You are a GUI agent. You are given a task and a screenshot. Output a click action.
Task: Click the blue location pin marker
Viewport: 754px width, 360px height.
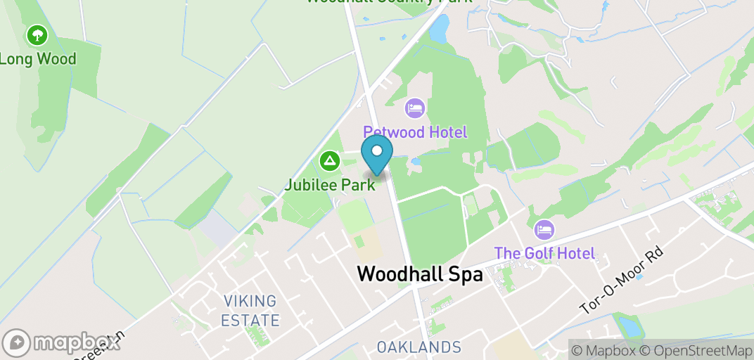(x=377, y=153)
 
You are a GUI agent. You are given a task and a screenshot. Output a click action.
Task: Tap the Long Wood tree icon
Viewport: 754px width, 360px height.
(x=37, y=34)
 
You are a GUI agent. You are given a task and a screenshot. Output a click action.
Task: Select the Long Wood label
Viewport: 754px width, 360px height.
(x=37, y=59)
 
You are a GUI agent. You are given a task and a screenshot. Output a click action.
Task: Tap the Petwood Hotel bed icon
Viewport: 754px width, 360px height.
(x=415, y=108)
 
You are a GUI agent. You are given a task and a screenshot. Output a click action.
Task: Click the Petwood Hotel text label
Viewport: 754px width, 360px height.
(x=415, y=132)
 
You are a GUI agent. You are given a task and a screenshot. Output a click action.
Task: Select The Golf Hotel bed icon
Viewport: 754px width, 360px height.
(x=544, y=229)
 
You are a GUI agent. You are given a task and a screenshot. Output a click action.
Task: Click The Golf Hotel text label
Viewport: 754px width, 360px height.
(x=544, y=253)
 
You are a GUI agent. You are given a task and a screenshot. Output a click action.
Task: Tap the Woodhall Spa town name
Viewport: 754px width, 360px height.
(x=420, y=274)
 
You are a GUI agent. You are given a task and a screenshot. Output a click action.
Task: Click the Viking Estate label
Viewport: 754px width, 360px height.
(x=250, y=311)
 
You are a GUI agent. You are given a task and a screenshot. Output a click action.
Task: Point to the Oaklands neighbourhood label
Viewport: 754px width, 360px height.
(x=418, y=347)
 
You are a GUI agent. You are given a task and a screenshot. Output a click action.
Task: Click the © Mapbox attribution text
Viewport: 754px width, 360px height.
(x=603, y=350)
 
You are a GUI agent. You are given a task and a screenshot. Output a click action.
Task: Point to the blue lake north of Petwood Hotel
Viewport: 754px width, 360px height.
(x=439, y=30)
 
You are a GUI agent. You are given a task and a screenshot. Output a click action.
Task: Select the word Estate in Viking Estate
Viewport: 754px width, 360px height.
(x=250, y=321)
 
